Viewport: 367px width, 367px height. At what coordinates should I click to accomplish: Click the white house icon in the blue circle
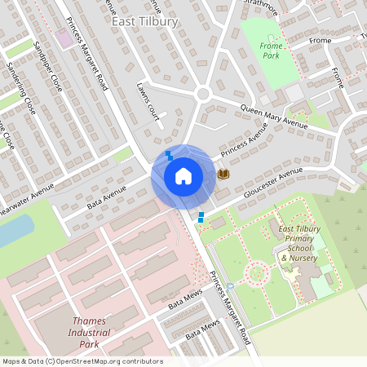point(183,175)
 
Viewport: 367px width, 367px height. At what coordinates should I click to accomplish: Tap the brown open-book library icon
point(223,174)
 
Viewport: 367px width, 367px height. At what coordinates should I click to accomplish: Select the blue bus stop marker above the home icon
point(169,153)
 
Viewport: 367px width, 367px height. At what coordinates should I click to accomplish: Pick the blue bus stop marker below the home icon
point(201,216)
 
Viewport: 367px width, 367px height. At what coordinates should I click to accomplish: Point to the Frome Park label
point(269,51)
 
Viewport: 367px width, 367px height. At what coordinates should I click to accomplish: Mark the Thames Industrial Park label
point(84,332)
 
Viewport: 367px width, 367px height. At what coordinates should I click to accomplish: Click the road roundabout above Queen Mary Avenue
point(203,94)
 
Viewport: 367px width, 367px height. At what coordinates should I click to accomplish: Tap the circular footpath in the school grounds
point(258,272)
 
